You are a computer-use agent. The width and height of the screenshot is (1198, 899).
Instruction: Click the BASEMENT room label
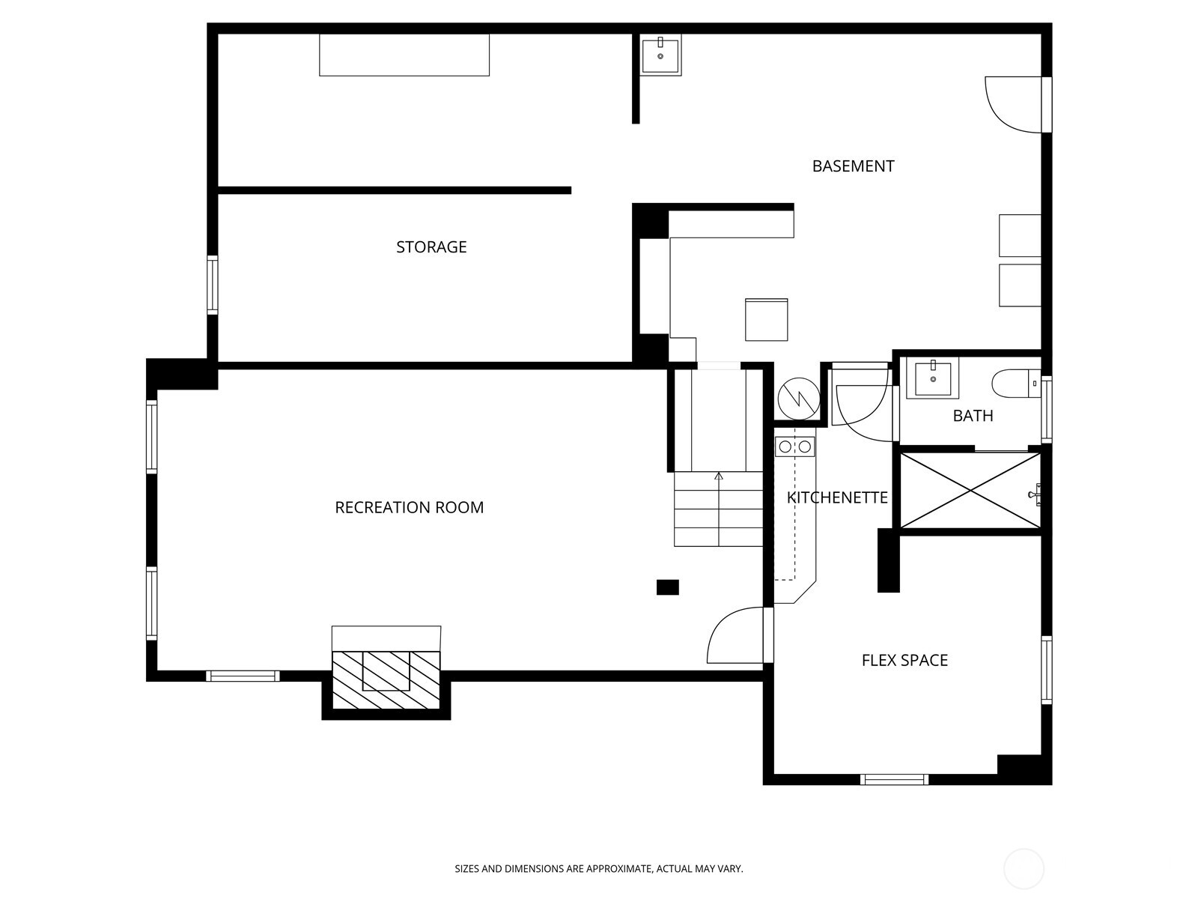tap(853, 166)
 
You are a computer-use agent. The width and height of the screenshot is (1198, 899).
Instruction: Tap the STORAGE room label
tap(431, 247)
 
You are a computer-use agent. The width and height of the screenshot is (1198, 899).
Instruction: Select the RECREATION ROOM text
tap(409, 508)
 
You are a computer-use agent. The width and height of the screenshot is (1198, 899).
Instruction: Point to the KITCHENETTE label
tap(837, 498)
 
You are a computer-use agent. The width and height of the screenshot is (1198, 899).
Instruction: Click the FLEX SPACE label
tap(904, 661)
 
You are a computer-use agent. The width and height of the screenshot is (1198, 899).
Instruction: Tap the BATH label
tap(973, 416)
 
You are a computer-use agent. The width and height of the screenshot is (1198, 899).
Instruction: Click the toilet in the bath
tap(1015, 384)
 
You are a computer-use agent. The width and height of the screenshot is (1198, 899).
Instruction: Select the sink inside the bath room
tap(932, 379)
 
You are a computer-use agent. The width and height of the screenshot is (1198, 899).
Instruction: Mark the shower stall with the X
tap(970, 491)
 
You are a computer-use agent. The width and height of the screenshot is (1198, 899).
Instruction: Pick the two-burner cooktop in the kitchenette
tap(794, 447)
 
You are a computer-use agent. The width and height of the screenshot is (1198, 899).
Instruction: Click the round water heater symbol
tap(799, 399)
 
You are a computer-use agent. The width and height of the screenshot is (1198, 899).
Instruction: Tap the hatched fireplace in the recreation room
tap(386, 680)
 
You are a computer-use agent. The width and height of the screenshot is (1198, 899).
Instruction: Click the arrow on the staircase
tap(719, 476)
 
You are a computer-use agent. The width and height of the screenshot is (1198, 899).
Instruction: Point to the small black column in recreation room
tap(667, 587)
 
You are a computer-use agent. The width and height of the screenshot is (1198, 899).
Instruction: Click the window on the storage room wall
tap(213, 285)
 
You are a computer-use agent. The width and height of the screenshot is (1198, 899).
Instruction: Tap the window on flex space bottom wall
tap(894, 780)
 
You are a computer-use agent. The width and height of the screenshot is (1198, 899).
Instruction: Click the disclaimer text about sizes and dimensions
tap(598, 870)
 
